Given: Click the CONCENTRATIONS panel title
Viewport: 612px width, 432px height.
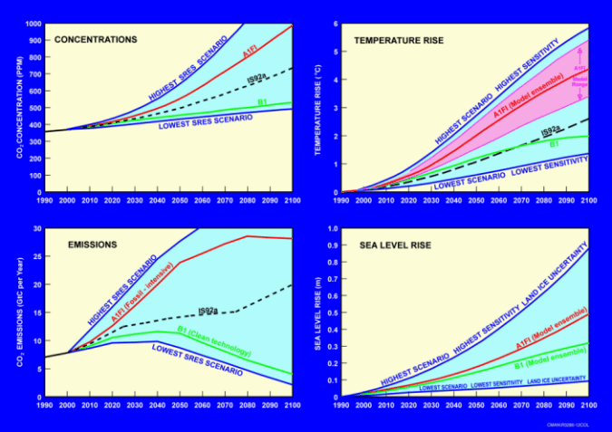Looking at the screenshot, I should [95, 40].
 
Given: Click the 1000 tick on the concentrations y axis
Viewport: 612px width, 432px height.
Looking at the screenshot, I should [34, 24].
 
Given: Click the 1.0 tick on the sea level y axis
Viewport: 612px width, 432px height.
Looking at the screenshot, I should [331, 228].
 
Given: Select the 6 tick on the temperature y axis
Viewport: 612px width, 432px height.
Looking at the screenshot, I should [335, 24].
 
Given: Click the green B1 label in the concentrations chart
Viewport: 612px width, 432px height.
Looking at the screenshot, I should [261, 101].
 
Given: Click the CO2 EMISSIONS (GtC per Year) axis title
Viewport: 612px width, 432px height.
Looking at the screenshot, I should [18, 312].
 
